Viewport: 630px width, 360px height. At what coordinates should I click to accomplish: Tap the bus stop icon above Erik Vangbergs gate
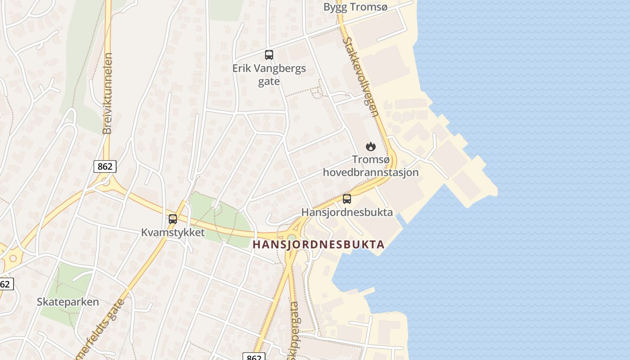click(x=269, y=55)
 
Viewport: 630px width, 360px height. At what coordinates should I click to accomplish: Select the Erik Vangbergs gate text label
click(x=269, y=75)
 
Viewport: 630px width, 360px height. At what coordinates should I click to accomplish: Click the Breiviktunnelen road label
click(x=107, y=94)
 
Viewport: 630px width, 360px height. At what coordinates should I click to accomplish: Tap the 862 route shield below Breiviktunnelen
click(x=105, y=166)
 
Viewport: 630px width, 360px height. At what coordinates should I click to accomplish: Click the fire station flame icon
click(x=370, y=146)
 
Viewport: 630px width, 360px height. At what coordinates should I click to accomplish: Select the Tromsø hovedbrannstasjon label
click(x=370, y=166)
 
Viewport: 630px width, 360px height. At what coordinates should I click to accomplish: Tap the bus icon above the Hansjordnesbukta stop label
click(x=347, y=199)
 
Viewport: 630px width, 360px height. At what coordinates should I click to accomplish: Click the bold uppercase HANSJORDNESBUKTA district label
click(x=319, y=245)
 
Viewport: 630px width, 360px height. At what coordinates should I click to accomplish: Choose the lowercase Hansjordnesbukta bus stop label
click(x=347, y=212)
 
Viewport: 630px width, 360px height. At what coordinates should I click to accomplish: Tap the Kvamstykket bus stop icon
click(x=173, y=219)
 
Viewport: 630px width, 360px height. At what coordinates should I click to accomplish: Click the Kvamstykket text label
click(x=173, y=232)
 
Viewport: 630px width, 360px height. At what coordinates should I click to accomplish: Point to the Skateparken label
click(x=68, y=301)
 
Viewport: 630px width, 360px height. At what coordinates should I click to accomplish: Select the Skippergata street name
click(x=294, y=328)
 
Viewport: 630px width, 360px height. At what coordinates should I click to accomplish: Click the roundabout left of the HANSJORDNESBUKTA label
click(x=292, y=237)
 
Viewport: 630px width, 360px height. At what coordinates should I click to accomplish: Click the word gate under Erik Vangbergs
click(x=269, y=81)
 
